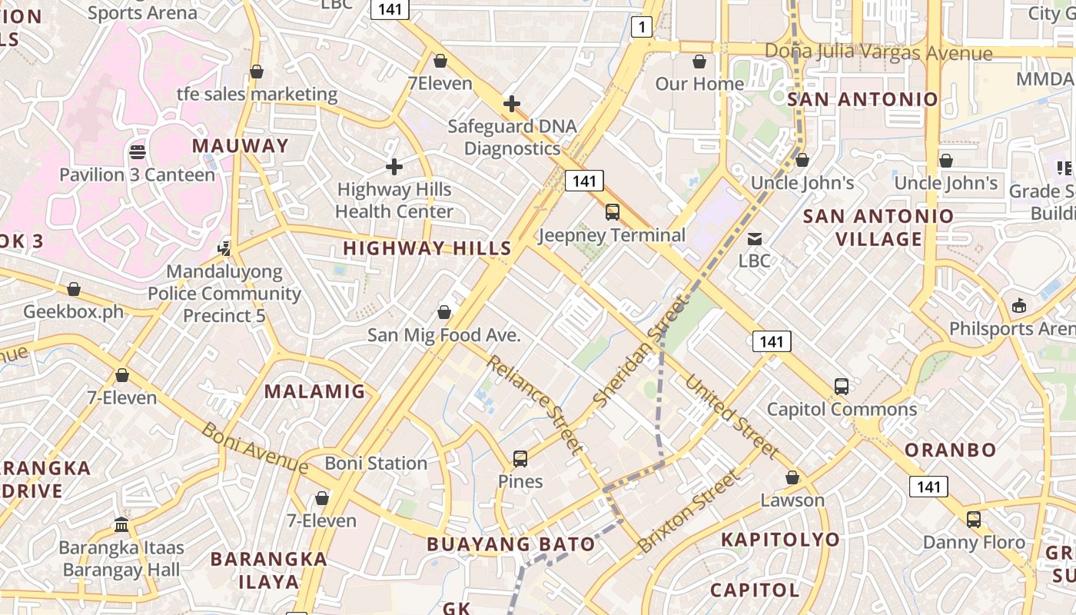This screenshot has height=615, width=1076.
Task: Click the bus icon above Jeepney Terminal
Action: tap(613, 212)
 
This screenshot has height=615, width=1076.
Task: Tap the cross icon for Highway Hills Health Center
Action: tap(394, 166)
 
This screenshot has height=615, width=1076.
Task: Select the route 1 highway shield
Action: tap(641, 28)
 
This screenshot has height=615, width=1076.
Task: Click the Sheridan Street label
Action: tap(639, 354)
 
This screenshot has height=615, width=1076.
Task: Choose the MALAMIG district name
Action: tap(315, 391)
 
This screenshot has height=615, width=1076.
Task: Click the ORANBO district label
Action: tap(950, 450)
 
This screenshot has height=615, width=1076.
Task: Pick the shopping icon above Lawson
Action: tap(792, 477)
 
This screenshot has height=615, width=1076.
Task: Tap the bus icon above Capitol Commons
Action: tap(842, 386)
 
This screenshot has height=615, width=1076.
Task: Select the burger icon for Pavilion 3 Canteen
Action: tap(138, 151)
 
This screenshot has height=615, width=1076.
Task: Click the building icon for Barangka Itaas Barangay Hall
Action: tap(121, 525)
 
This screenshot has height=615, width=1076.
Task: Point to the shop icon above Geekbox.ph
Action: tap(74, 289)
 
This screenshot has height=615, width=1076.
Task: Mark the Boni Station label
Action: tap(376, 464)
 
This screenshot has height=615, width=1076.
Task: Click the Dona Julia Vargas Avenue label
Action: tap(878, 52)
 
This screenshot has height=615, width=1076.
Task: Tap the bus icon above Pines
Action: tap(520, 459)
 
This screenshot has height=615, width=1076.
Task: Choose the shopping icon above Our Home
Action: tap(699, 61)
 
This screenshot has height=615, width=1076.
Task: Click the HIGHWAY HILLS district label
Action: tap(427, 248)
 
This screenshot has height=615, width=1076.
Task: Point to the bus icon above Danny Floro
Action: tap(974, 519)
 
